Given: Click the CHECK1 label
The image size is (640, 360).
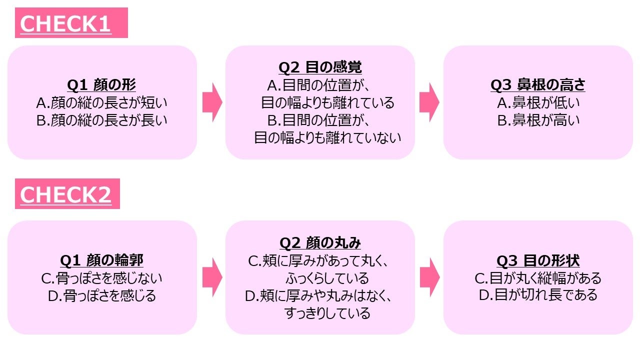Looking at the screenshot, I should (65, 23).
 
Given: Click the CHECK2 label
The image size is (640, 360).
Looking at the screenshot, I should (65, 194).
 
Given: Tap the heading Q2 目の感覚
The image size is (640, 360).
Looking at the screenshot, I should (320, 67).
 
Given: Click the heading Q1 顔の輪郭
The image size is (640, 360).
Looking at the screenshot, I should (101, 260).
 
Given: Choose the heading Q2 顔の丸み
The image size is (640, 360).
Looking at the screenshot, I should (320, 243).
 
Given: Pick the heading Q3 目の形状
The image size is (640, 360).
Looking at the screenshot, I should (538, 260).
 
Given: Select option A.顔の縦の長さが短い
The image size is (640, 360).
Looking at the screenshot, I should (101, 103).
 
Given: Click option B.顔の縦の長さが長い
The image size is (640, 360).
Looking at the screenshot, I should (101, 120).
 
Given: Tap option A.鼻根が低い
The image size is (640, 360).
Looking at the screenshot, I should (538, 103).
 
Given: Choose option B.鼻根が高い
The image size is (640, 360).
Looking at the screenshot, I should (538, 120).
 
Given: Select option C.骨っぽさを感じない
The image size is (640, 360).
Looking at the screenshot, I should (101, 278).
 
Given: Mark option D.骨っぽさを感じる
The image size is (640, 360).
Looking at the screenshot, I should (101, 295).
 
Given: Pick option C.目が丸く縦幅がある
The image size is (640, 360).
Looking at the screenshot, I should (538, 278).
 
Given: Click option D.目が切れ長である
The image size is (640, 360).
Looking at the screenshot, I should (538, 295).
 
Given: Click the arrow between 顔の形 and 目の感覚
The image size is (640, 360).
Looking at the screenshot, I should (211, 102).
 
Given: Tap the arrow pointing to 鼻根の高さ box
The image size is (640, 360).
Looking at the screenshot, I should (429, 102).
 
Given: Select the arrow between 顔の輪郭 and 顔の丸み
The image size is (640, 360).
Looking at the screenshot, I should (211, 277).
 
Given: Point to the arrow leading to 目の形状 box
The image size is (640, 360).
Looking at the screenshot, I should (429, 277).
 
